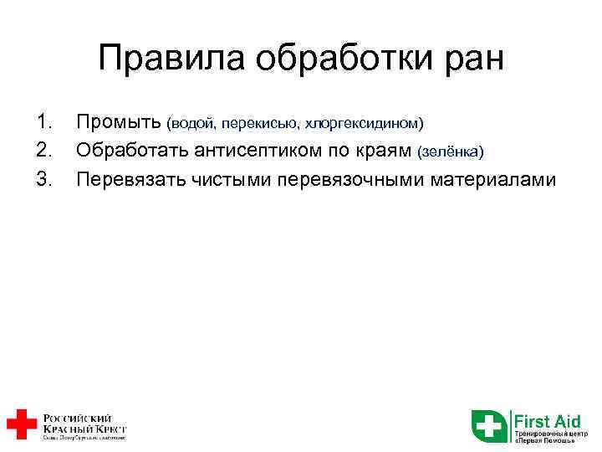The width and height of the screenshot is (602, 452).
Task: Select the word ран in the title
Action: coord(473,59)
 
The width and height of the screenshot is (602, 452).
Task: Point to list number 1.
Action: coord(44,123)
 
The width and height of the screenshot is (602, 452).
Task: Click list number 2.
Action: coord(44,151)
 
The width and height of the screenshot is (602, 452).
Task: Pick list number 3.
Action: coord(44,178)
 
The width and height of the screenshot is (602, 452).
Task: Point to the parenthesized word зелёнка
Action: coord(450,152)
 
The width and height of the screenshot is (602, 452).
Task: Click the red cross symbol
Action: coord(21,424)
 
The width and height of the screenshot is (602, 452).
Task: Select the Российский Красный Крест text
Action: coord(84,424)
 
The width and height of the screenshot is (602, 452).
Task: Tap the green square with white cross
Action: coord(488,425)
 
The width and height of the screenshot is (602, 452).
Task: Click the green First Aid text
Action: coord(548,419)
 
